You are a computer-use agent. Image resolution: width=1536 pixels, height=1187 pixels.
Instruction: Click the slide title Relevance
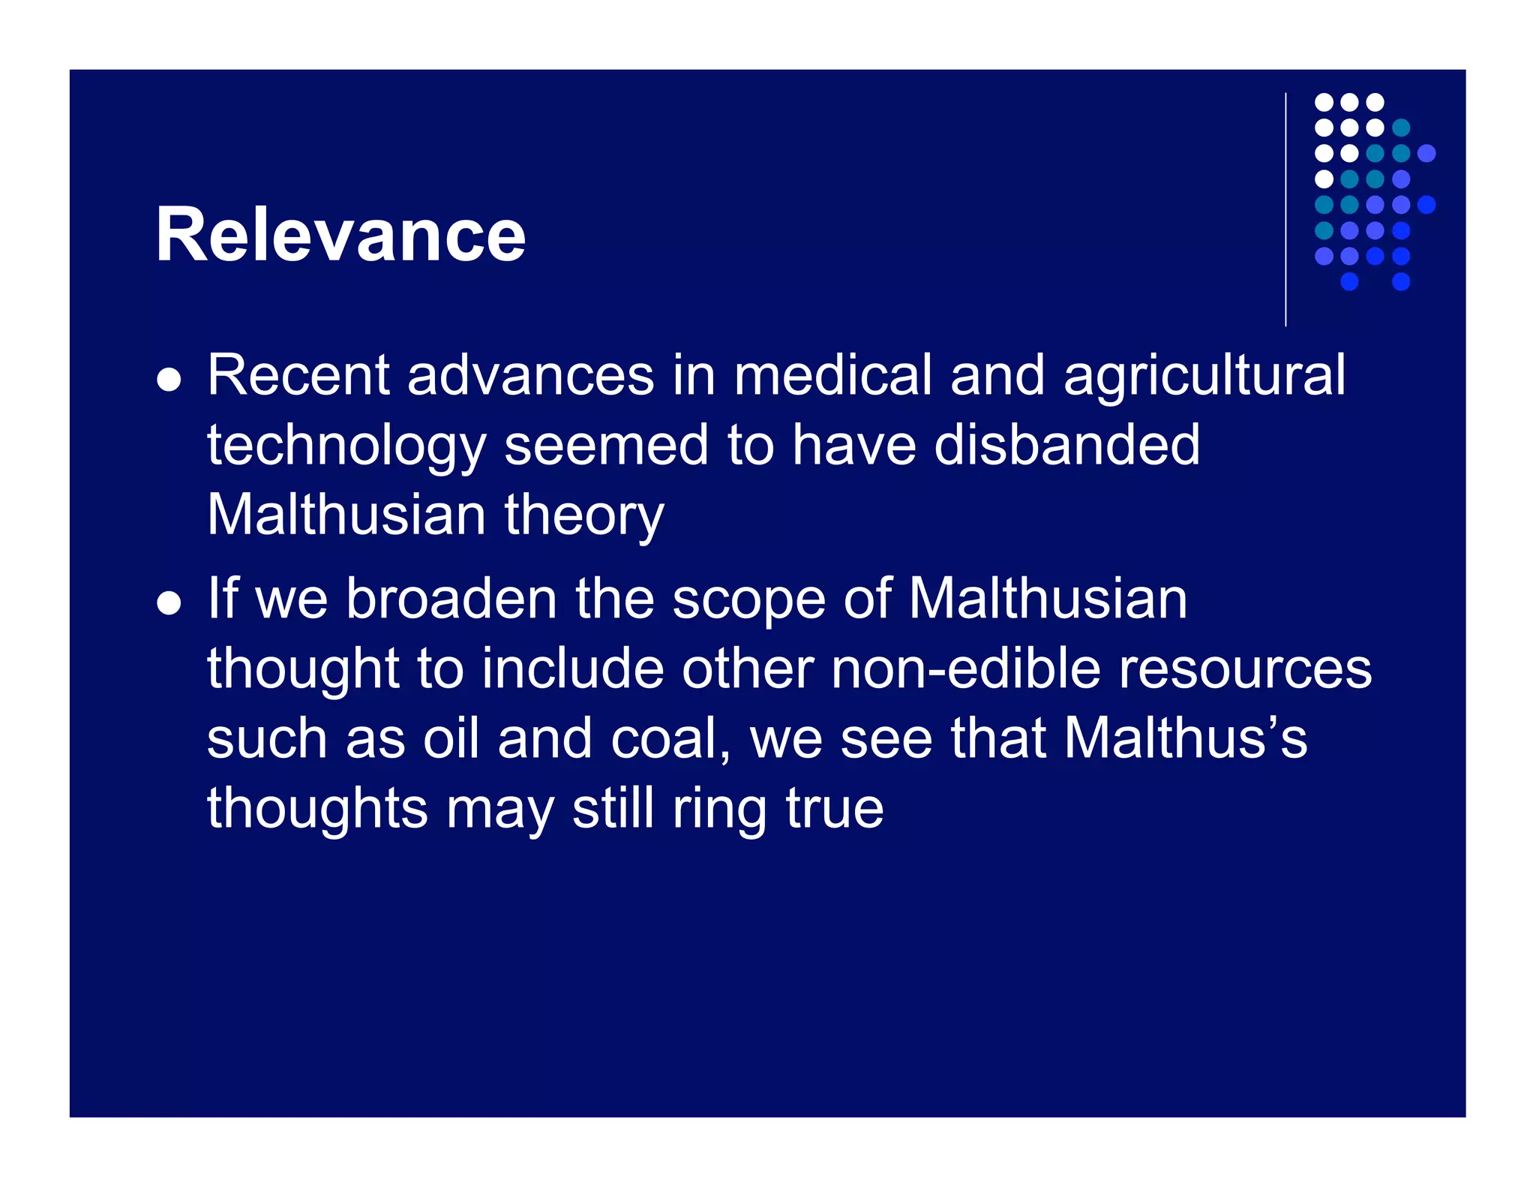click(x=340, y=235)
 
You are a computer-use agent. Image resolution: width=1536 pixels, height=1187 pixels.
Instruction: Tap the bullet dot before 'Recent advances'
click(x=169, y=380)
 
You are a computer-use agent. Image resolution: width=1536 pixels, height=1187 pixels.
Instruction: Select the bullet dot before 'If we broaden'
click(x=169, y=603)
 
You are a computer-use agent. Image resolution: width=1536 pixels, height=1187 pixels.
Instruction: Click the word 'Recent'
click(x=298, y=375)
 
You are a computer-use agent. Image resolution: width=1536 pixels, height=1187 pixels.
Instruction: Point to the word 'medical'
click(x=832, y=375)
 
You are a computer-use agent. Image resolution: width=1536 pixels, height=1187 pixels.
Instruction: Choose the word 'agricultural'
click(x=1204, y=377)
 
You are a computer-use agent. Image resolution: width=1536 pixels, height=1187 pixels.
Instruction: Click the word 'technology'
click(x=346, y=446)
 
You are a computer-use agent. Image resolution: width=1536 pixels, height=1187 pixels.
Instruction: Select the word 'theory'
click(x=584, y=516)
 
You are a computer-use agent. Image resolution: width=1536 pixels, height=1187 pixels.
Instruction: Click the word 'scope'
click(x=748, y=601)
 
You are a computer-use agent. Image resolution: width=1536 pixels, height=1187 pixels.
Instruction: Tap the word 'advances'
click(x=531, y=375)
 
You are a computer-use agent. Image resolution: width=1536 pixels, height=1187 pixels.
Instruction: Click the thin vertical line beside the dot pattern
click(x=1285, y=210)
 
